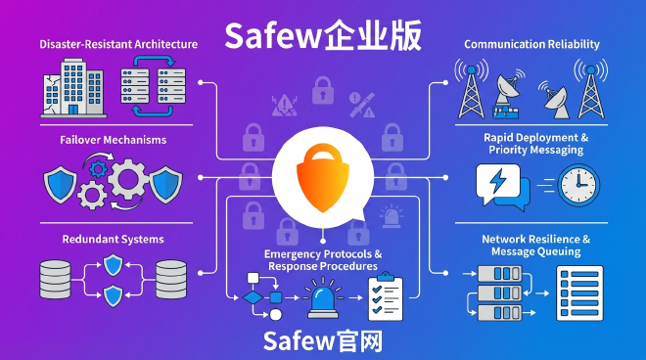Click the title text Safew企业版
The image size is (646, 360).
tap(323, 35)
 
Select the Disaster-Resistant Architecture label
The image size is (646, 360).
tap(118, 44)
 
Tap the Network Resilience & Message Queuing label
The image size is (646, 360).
tap(535, 246)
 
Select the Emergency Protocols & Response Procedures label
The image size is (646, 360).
tap(322, 260)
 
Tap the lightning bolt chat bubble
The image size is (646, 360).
tap(497, 185)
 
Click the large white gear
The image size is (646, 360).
tap(130, 179)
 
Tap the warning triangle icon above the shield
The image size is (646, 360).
tap(284, 101)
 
